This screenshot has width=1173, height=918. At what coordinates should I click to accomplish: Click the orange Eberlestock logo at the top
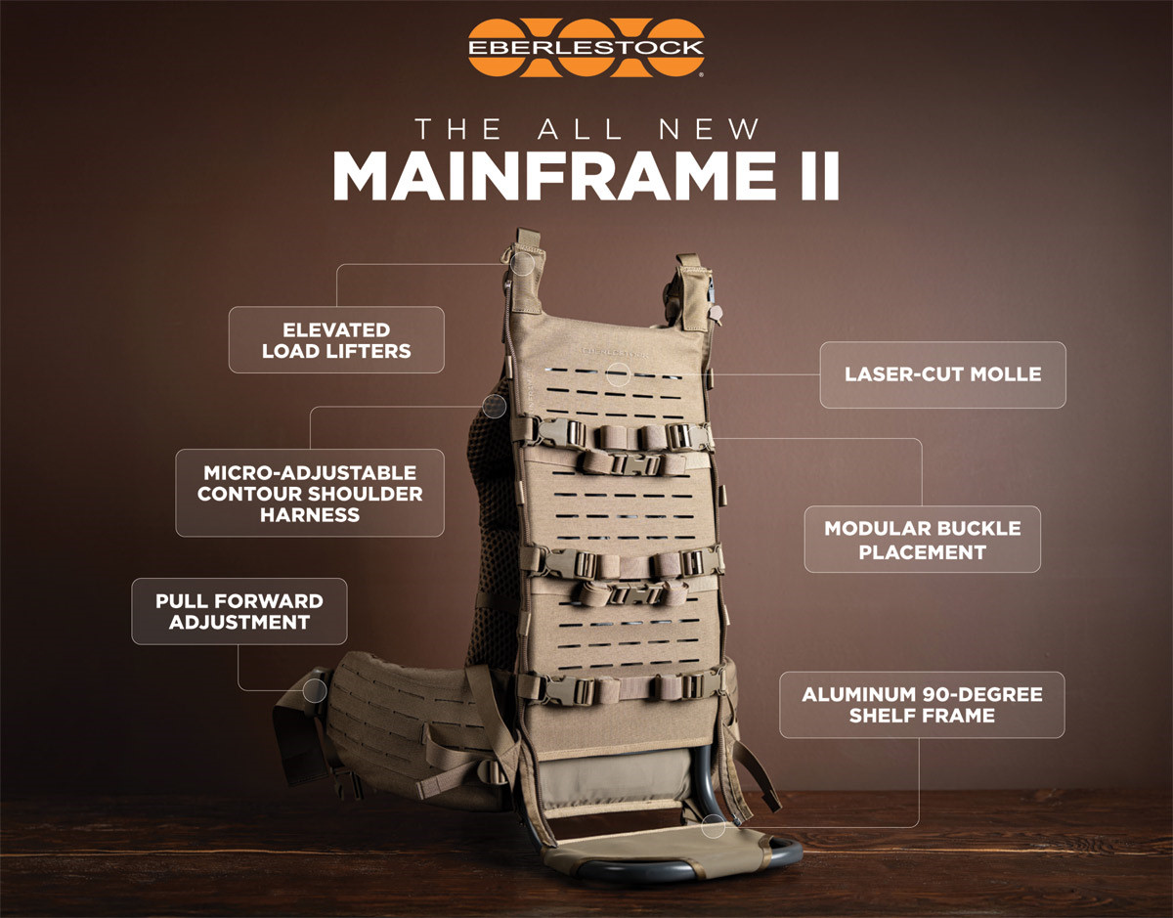(586, 48)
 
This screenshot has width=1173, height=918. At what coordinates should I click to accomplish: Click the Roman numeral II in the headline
(820, 177)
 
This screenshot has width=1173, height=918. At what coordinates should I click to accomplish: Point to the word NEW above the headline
(709, 129)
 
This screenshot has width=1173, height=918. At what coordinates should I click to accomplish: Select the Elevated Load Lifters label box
(336, 340)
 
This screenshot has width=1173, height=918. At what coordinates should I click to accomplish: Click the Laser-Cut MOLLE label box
(942, 374)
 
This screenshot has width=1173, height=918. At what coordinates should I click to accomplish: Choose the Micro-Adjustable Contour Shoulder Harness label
(310, 493)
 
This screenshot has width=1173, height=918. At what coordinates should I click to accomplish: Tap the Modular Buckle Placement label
(922, 539)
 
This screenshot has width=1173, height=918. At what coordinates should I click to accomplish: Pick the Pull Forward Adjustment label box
(239, 611)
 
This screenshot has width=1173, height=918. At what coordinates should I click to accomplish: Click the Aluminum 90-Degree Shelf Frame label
(922, 705)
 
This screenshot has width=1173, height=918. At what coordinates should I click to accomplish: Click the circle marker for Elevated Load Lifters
(522, 264)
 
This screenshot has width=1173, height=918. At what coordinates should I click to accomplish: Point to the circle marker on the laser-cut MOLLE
(618, 374)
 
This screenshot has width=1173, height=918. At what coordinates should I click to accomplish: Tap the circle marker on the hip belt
(315, 690)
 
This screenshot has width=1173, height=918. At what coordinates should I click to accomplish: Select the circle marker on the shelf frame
(714, 826)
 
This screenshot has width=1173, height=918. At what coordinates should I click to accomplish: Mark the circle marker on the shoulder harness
(494, 406)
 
